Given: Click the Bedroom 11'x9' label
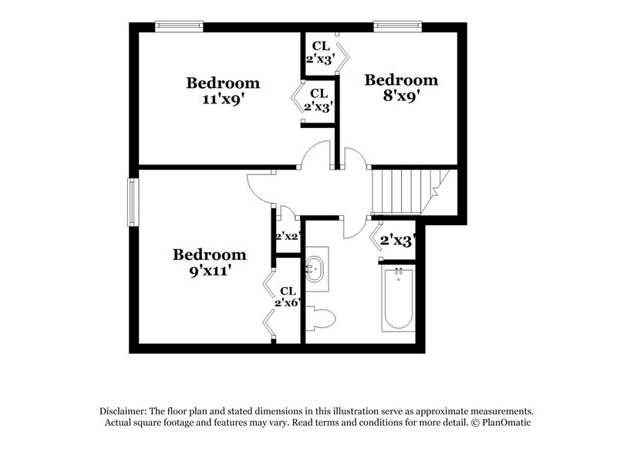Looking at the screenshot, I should pos(223,91).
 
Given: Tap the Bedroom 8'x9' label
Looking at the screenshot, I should pos(401,88).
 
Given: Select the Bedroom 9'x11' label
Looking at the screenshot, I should pos(209,262).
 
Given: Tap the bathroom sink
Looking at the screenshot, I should pos(316,268).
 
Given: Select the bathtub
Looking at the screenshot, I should pos(398,299).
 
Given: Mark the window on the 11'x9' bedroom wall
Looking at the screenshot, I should pos(179,26).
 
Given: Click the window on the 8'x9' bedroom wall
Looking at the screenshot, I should pos(399,26).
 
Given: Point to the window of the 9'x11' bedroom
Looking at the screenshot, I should pos(133,200).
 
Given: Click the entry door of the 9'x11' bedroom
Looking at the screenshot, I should pos(260,187).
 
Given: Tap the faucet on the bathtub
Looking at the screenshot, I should pos(399,272).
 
